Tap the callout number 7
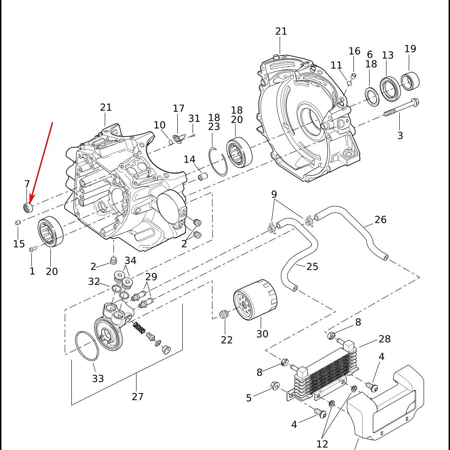tap(27, 184)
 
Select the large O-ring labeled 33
tap(87, 346)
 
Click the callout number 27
tap(137, 396)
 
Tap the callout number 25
tap(312, 266)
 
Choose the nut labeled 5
tap(275, 386)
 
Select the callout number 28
tap(384, 339)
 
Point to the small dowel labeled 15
tap(18, 223)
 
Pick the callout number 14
tap(189, 159)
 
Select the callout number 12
tap(322, 444)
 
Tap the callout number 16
tap(354, 51)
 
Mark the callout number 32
tap(94, 281)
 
